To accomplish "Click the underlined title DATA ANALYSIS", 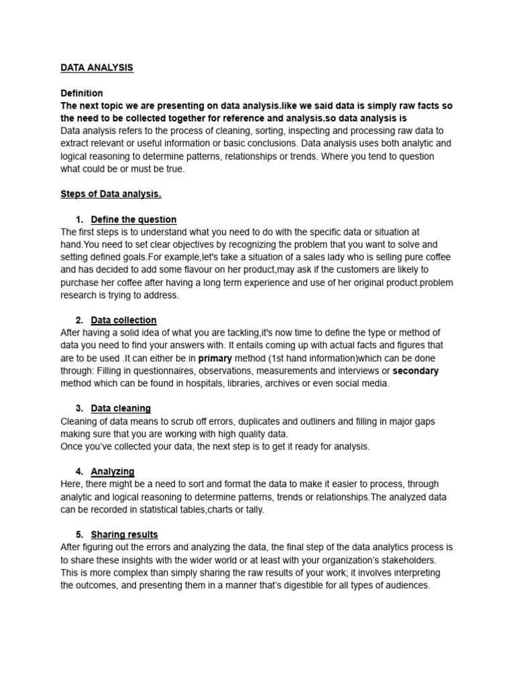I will point(97,68).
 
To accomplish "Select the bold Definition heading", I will point(82,93).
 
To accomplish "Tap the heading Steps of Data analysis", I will point(111,194).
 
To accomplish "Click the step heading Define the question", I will point(133,219).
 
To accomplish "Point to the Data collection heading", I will point(123,320).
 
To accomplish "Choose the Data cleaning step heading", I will point(121,408).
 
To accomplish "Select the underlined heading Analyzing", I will point(113,471).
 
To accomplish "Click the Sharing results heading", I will point(124,535).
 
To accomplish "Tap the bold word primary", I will point(215,358).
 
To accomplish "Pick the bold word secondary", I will point(415,371).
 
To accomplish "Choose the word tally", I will point(253,509).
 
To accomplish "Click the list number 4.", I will point(78,472).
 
